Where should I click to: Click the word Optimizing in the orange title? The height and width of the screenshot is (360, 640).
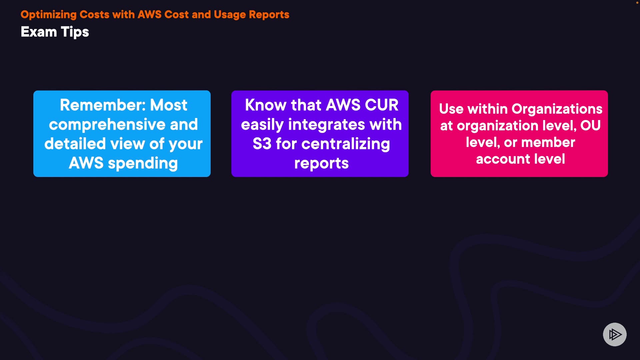tap(49, 15)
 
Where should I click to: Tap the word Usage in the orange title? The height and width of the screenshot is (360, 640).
tap(230, 15)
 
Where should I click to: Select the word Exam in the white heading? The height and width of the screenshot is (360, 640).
tap(39, 32)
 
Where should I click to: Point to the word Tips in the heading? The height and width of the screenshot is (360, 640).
tap(75, 32)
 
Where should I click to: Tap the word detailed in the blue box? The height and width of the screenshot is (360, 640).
tap(75, 144)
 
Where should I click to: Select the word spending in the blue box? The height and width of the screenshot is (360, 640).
tap(143, 164)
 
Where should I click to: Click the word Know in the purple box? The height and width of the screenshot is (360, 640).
tap(266, 105)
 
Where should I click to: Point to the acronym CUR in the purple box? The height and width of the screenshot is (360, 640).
tap(382, 105)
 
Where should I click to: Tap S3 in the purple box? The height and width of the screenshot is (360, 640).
tap(262, 144)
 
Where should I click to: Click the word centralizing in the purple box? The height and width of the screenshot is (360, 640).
tap(346, 144)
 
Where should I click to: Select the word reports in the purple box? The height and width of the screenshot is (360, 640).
tap(321, 163)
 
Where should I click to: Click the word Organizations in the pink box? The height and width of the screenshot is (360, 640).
tap(557, 109)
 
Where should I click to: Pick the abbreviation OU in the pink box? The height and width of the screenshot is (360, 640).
tap(591, 126)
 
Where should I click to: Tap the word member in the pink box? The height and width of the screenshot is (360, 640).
tap(548, 142)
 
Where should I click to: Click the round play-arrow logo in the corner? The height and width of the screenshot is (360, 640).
tap(615, 334)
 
